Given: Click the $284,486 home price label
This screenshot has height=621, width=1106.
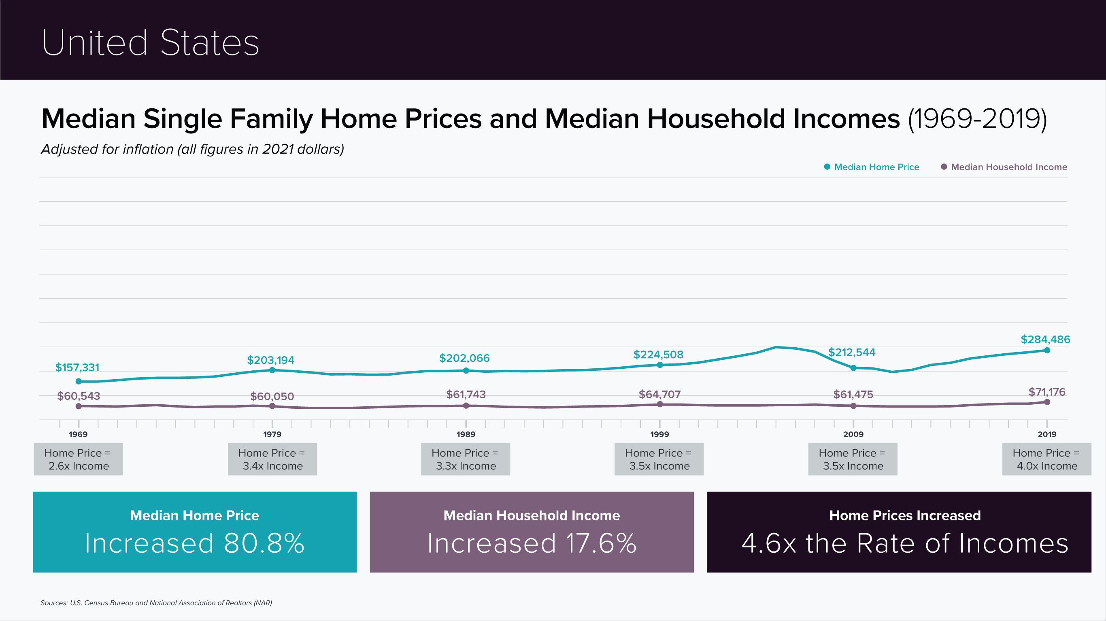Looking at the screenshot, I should click(1045, 339).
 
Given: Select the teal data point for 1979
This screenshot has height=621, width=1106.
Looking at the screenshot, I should click(272, 370).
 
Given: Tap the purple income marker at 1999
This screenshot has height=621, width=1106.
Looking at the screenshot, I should click(660, 404).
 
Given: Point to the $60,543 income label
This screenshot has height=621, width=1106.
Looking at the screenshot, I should click(79, 396).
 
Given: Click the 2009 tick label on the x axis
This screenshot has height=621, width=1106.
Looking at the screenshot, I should click(853, 434).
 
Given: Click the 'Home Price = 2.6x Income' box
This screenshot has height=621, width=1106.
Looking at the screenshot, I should click(78, 459).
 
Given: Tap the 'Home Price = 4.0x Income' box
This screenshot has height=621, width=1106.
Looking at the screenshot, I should click(1047, 459).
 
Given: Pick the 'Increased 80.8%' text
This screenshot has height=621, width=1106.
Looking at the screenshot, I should click(194, 543).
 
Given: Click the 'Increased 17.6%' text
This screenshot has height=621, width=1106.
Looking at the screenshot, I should click(532, 543).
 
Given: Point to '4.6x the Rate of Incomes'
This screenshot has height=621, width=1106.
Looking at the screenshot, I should click(905, 543).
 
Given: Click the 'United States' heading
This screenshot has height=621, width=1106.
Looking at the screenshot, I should click(150, 42).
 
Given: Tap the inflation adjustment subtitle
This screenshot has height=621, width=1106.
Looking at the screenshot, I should click(192, 149).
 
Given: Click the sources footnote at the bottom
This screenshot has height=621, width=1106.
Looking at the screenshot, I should click(156, 602).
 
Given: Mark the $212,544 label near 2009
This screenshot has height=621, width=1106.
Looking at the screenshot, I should click(851, 352).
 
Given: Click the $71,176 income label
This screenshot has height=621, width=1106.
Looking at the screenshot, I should click(1047, 391).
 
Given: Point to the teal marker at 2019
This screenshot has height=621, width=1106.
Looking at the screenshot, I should click(1047, 351).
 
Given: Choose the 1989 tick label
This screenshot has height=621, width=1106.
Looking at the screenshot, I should click(466, 434).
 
